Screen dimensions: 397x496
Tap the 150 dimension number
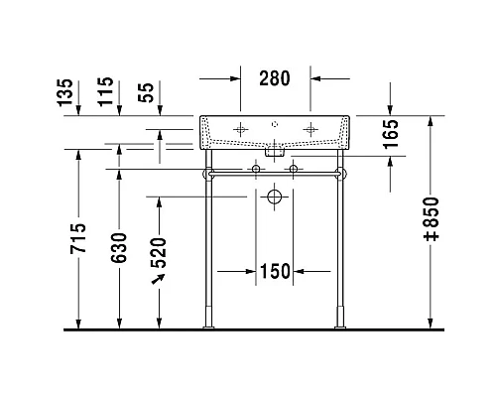tap(276, 271)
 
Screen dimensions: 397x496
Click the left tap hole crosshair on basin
tap(241, 129)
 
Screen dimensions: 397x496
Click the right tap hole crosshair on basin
tap(310, 129)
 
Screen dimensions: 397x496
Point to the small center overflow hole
tap(276, 125)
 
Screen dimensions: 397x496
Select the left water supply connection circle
tap(257, 171)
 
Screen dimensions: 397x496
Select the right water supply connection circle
tap(294, 171)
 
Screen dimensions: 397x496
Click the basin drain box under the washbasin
tap(276, 152)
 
